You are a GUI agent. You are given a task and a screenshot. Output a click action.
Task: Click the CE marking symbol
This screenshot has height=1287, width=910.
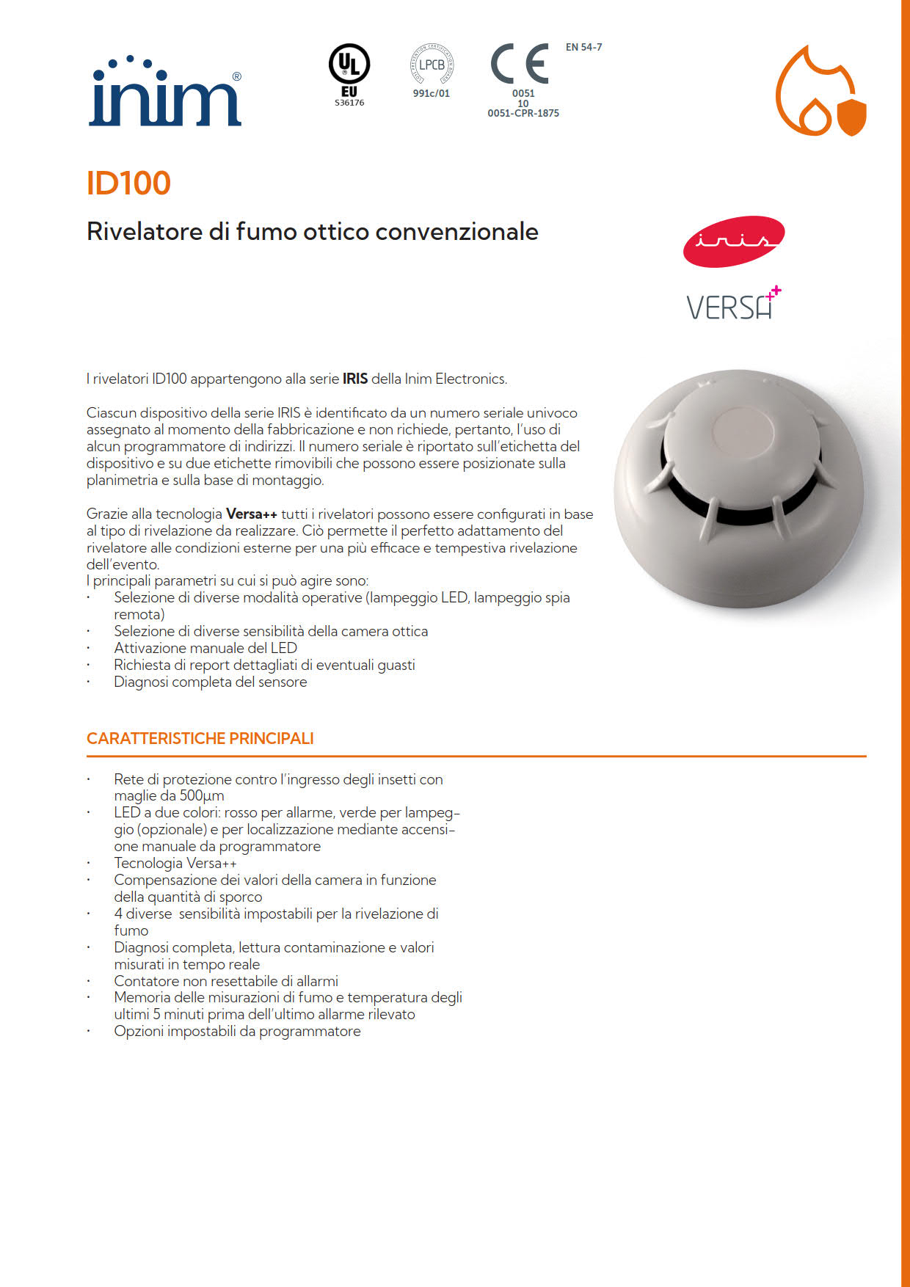point(520,64)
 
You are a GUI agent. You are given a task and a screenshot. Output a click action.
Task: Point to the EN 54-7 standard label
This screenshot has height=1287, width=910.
point(583,47)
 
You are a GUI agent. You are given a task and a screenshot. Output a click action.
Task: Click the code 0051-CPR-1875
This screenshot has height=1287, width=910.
point(523,113)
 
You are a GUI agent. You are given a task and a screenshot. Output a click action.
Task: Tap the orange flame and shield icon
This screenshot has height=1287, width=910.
point(820,92)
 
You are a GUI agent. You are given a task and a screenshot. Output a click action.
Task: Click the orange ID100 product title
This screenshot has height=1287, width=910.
point(128,183)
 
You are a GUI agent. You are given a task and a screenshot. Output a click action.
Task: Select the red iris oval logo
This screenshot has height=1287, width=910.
point(733,241)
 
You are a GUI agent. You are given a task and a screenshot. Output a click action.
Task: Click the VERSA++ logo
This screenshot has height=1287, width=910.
point(733,304)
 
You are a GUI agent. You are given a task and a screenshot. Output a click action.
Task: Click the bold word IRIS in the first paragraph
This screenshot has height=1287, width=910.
point(355,379)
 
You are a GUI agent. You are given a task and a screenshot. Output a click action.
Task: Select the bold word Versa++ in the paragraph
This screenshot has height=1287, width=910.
point(252,514)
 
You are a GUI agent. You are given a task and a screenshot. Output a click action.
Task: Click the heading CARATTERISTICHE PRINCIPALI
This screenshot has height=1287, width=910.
point(200,738)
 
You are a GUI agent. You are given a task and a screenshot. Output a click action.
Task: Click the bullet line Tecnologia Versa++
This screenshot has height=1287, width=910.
point(175,863)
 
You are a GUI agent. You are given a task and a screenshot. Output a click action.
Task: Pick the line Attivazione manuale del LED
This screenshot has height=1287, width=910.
point(205,648)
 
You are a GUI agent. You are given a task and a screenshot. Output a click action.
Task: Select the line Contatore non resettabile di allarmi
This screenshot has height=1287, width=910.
point(226,981)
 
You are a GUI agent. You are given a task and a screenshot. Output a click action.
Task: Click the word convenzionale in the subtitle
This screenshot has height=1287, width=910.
point(456,232)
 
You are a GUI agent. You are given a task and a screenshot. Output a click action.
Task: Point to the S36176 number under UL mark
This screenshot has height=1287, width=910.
point(349,103)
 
